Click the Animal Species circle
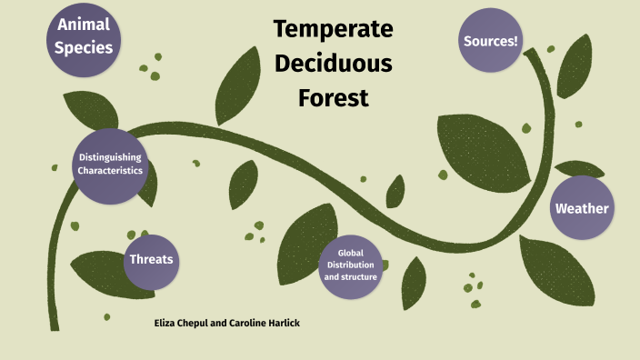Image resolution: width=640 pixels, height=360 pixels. click(84, 38)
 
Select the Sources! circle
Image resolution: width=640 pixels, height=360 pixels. click(491, 42)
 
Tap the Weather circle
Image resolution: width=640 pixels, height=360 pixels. click(582, 208)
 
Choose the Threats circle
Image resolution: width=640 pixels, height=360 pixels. click(152, 260)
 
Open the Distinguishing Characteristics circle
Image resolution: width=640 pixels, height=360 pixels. click(110, 165)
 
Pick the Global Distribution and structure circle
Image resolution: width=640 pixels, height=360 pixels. click(351, 265)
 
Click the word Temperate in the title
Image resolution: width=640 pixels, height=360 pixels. click(334, 29)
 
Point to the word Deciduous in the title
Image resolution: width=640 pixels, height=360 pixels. click(334, 64)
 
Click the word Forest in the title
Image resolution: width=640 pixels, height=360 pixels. click(334, 98)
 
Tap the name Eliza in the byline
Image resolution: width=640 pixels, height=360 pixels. click(169, 323)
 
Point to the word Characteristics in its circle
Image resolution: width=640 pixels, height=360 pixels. click(110, 171)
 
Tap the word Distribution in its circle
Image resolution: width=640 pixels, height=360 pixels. click(351, 265)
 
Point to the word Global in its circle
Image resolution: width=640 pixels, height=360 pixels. click(351, 253)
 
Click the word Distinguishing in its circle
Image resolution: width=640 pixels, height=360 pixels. click(110, 158)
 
